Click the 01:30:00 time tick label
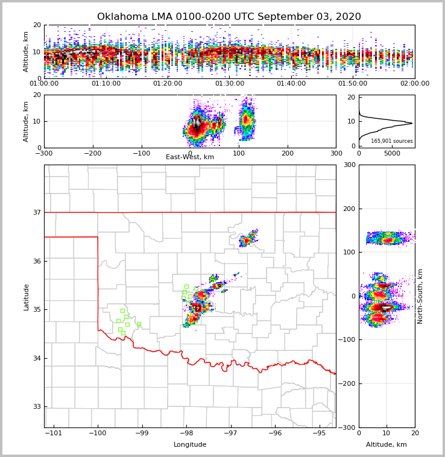coord(229,84)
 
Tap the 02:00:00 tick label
coord(415,84)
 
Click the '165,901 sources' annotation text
coord(391,141)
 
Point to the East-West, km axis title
coord(190,157)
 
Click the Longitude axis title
coord(190,445)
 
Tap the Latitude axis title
coord(27,297)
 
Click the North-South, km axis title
coord(420,297)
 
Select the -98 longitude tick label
coord(186,433)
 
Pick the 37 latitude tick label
coord(37,212)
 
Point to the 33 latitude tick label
coord(37,407)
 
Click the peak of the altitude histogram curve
coord(412,124)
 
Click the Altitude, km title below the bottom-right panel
coord(387,445)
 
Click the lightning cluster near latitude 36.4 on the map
coord(247,240)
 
